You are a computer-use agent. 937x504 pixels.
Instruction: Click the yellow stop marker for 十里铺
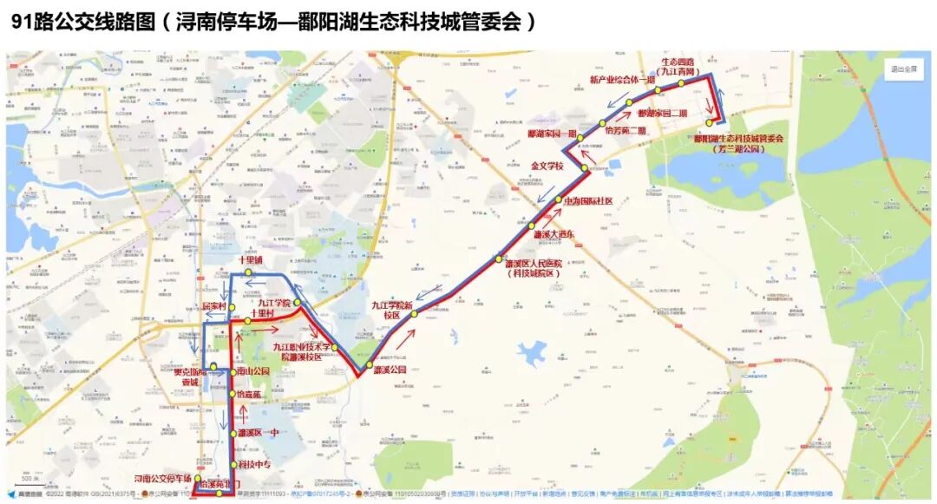click(247, 274)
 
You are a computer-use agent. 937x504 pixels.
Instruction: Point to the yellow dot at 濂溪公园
click(368, 365)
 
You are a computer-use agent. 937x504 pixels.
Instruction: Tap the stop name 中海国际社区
click(588, 201)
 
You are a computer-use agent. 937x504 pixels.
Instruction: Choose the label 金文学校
click(547, 165)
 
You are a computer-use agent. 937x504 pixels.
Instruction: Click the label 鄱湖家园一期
click(552, 134)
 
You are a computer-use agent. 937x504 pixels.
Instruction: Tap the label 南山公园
click(253, 371)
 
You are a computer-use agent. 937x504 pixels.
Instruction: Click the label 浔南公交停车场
click(162, 478)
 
